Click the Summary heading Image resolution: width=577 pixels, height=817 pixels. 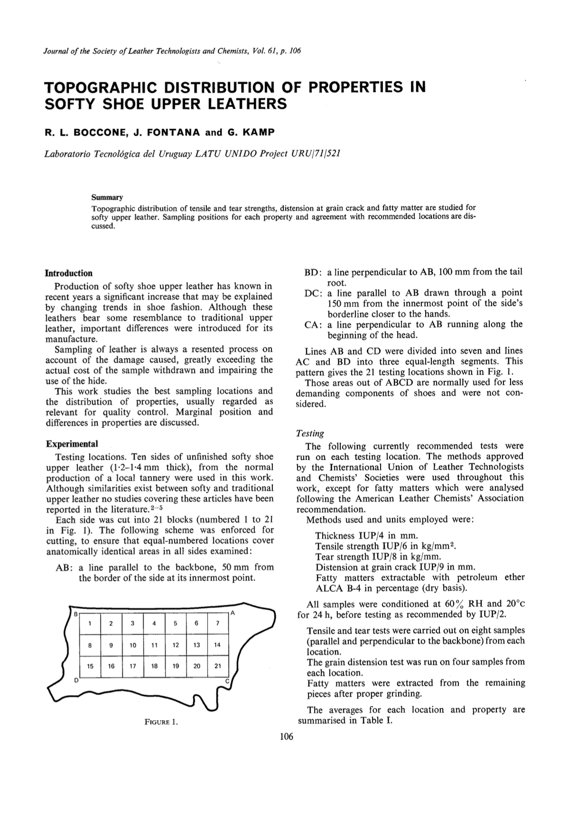click(107, 197)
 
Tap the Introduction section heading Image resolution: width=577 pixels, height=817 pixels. click(69, 273)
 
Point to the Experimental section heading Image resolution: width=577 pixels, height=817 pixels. click(72, 444)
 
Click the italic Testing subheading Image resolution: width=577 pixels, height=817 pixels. click(310, 433)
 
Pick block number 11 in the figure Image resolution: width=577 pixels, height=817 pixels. click(154, 645)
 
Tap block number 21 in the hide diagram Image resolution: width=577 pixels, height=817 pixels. click(218, 666)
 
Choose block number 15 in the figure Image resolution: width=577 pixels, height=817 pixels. click(90, 666)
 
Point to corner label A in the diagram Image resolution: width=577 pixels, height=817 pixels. click(233, 613)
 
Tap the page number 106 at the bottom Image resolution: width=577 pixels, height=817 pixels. click(287, 736)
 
